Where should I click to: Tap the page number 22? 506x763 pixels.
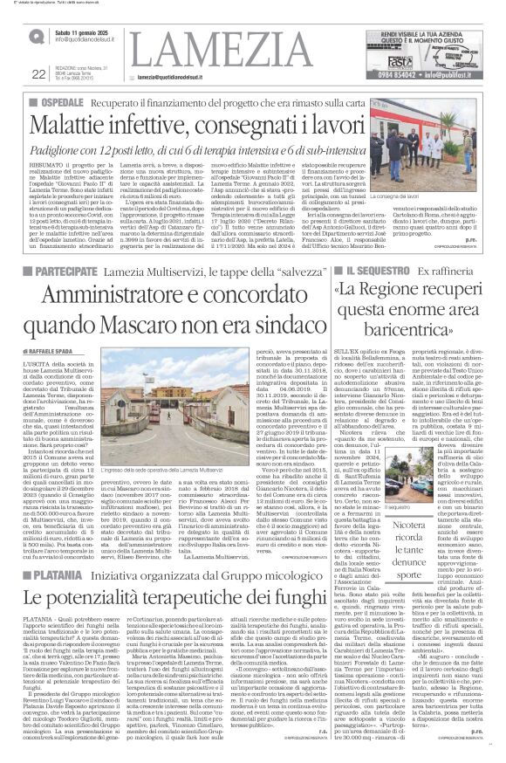(38, 73)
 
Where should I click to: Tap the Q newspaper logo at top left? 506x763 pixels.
(36, 35)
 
